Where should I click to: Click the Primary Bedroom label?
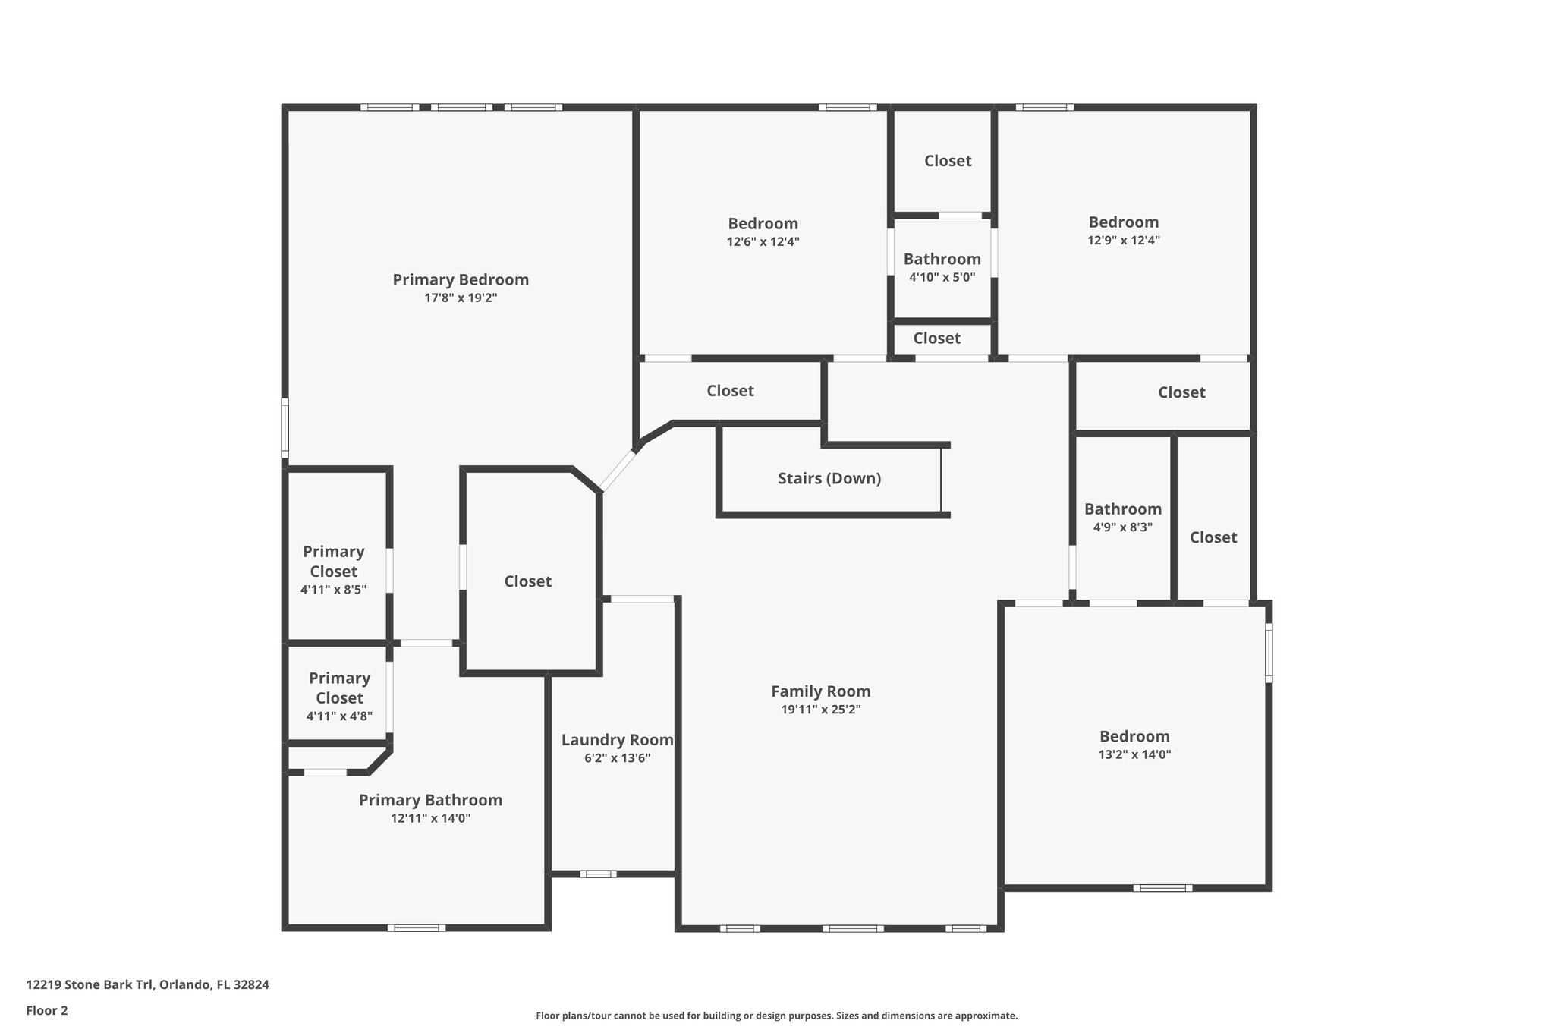[460, 280]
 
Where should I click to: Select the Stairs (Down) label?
[829, 479]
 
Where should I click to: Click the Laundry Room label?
[617, 740]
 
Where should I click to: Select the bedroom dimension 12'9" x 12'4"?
[1123, 241]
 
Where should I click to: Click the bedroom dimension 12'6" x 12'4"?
[763, 242]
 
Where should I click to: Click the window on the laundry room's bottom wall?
[598, 874]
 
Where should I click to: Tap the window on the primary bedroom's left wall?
[285, 428]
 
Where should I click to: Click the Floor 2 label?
[46, 1011]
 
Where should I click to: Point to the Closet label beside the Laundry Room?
[527, 581]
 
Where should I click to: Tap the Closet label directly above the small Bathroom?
[947, 161]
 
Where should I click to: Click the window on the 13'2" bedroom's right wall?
[1268, 653]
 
